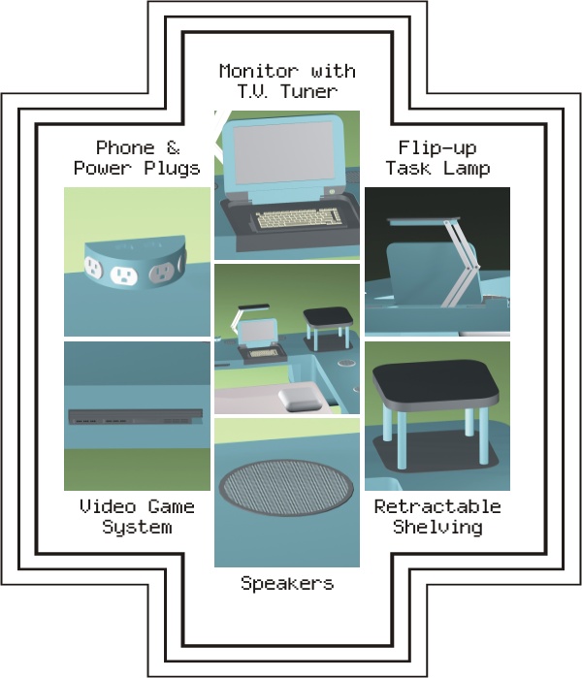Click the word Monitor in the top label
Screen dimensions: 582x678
click(x=259, y=72)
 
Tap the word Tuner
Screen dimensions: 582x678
click(x=308, y=91)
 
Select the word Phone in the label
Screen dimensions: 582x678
click(x=125, y=147)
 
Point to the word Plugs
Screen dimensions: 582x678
click(x=172, y=169)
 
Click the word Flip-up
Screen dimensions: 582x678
click(x=437, y=148)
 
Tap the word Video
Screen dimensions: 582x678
click(x=108, y=506)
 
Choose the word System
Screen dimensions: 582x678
click(x=137, y=527)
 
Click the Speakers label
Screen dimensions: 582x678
click(x=287, y=583)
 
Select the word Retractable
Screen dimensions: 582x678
click(x=437, y=506)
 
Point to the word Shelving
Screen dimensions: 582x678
click(x=437, y=527)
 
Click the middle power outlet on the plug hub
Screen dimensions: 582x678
click(x=124, y=275)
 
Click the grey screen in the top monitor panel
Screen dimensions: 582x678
click(x=283, y=152)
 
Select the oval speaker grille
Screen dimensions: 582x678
click(x=286, y=487)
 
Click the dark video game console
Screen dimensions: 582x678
click(x=136, y=417)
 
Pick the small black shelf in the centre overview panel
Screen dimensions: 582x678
click(x=328, y=317)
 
